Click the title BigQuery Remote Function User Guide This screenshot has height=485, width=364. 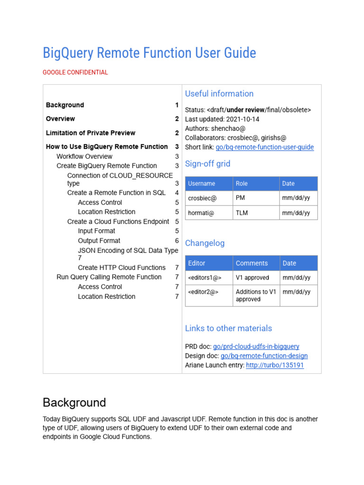(x=149, y=53)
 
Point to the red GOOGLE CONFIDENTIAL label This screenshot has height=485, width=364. (x=75, y=72)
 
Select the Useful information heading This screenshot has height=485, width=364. (x=219, y=94)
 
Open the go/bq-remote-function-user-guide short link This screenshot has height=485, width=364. (x=264, y=147)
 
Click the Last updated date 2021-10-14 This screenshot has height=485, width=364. (x=255, y=119)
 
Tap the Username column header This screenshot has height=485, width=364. (x=201, y=184)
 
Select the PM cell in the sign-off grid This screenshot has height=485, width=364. (x=240, y=198)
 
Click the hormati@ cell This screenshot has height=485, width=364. (x=201, y=213)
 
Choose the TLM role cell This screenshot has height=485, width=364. (x=242, y=213)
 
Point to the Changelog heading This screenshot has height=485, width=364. (x=205, y=243)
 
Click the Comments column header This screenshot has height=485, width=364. (x=252, y=263)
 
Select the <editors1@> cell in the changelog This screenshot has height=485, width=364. (x=205, y=278)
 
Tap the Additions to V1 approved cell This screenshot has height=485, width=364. (x=255, y=296)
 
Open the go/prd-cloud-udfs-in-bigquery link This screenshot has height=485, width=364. (x=256, y=347)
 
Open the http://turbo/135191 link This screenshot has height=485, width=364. (x=275, y=366)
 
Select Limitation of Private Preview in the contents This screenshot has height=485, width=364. (x=91, y=133)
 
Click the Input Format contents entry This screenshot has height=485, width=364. (x=97, y=231)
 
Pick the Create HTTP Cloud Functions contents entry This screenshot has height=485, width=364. (x=122, y=268)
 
